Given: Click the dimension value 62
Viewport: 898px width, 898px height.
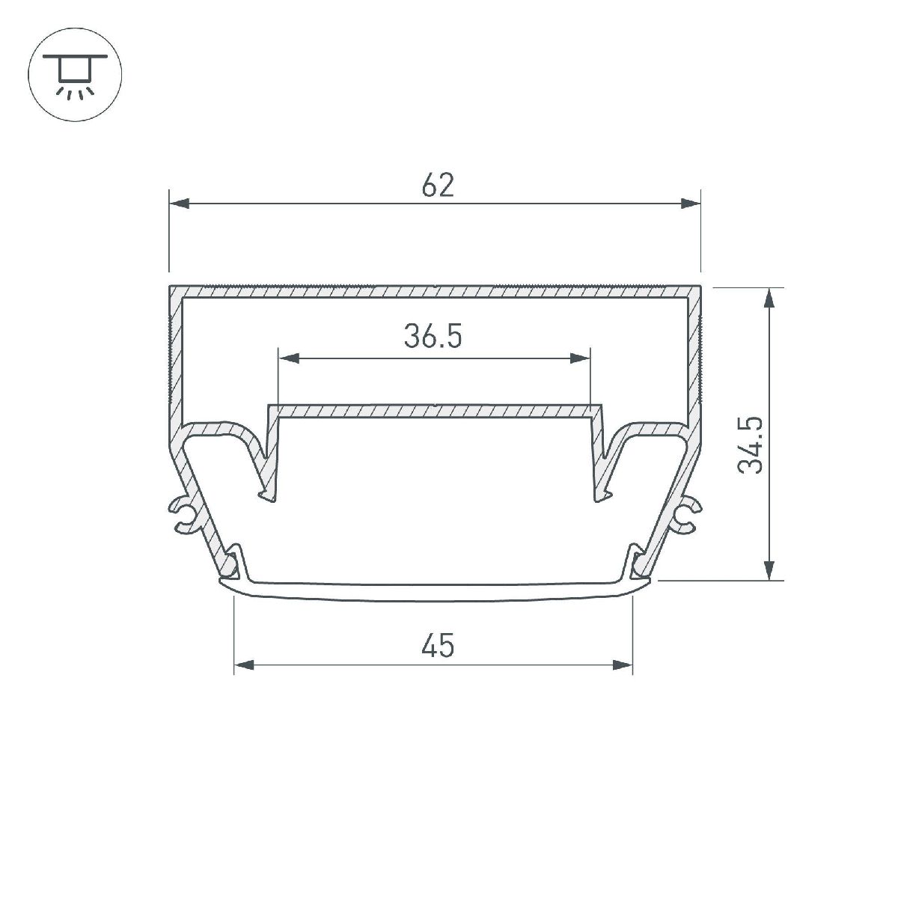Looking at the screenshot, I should pos(437,185).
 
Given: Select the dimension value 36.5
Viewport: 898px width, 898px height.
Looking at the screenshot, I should pos(433,337).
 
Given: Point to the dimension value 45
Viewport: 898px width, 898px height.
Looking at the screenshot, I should pos(437,645).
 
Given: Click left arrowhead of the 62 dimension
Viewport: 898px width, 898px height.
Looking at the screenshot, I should pos(180,203).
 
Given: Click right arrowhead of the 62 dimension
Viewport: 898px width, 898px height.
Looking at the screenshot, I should pos(689,203).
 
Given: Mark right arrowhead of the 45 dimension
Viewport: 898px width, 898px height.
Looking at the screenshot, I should pos(622,665).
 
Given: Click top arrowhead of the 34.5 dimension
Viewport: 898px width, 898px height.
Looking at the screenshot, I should pos(769,299).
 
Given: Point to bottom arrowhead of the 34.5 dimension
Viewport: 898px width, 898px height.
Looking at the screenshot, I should pos(769,569).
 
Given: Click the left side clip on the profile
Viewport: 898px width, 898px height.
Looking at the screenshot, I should pos(182,516).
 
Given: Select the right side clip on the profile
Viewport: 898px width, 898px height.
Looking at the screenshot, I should pos(687,516).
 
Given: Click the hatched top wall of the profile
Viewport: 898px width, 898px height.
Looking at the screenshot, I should pos(434,291).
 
